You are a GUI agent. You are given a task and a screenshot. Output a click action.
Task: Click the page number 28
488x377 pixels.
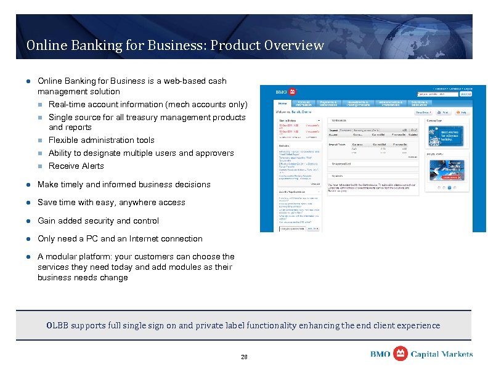coord(244,357)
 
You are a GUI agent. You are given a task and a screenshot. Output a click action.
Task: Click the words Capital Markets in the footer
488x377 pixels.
coord(442,354)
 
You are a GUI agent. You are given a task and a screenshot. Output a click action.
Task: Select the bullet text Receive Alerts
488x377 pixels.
coord(76,166)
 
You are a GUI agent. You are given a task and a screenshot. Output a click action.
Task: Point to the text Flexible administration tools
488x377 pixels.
coord(101,140)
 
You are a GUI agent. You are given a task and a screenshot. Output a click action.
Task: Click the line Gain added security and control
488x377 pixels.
coord(98,221)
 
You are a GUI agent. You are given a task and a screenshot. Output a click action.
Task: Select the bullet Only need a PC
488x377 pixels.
coord(120,238)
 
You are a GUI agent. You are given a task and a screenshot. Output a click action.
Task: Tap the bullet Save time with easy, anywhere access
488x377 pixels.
coord(111,202)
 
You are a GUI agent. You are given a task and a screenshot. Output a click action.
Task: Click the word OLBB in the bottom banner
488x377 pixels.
coord(59,325)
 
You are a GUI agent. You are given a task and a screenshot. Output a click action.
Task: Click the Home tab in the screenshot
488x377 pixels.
coord(283,103)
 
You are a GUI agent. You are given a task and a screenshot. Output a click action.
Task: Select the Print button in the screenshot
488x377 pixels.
coord(442,113)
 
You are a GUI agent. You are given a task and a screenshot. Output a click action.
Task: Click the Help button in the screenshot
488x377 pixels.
coord(461,113)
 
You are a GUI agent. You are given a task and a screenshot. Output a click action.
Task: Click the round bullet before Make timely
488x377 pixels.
coord(28,184)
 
